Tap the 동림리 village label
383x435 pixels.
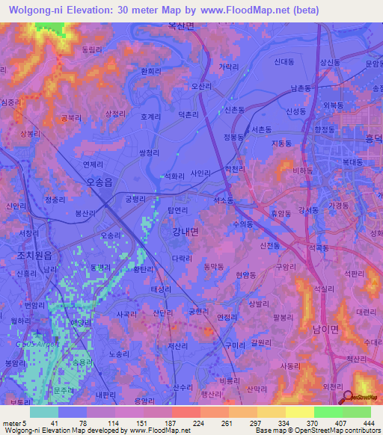[x=89, y=49]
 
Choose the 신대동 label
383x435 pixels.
[x=284, y=63]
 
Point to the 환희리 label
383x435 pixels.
[x=150, y=71]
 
